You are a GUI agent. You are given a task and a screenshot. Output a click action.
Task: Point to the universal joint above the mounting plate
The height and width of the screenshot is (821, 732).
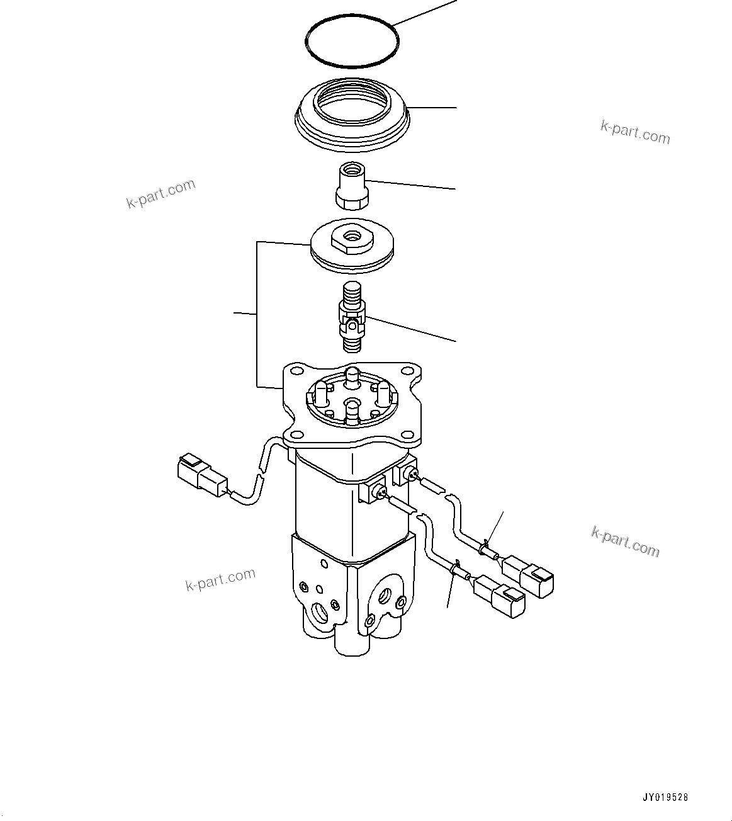tap(352, 317)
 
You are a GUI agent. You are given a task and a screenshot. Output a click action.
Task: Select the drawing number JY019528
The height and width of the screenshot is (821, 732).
tap(665, 797)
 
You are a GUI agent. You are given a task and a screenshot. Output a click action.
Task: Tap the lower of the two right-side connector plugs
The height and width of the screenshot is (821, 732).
tap(501, 597)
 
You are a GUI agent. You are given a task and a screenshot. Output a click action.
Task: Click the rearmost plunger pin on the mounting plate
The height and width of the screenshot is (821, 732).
tap(352, 377)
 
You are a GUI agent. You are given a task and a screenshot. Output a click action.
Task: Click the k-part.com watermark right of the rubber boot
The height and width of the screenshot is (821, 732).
tap(635, 132)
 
